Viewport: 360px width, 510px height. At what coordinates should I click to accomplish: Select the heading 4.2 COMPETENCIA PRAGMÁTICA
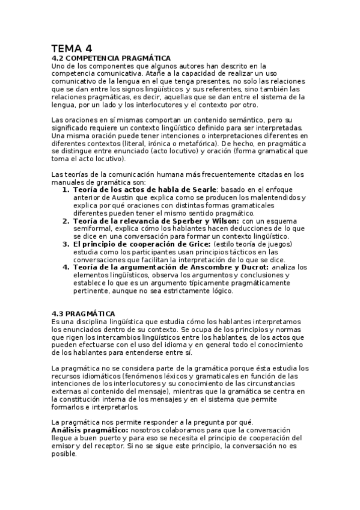pyautogui.click(x=111, y=58)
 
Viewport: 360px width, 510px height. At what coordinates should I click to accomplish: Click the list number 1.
pyautogui.click(x=66, y=190)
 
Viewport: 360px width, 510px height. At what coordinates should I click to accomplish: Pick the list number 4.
pyautogui.click(x=66, y=267)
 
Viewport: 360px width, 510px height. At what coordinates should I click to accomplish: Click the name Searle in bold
pyautogui.click(x=201, y=190)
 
